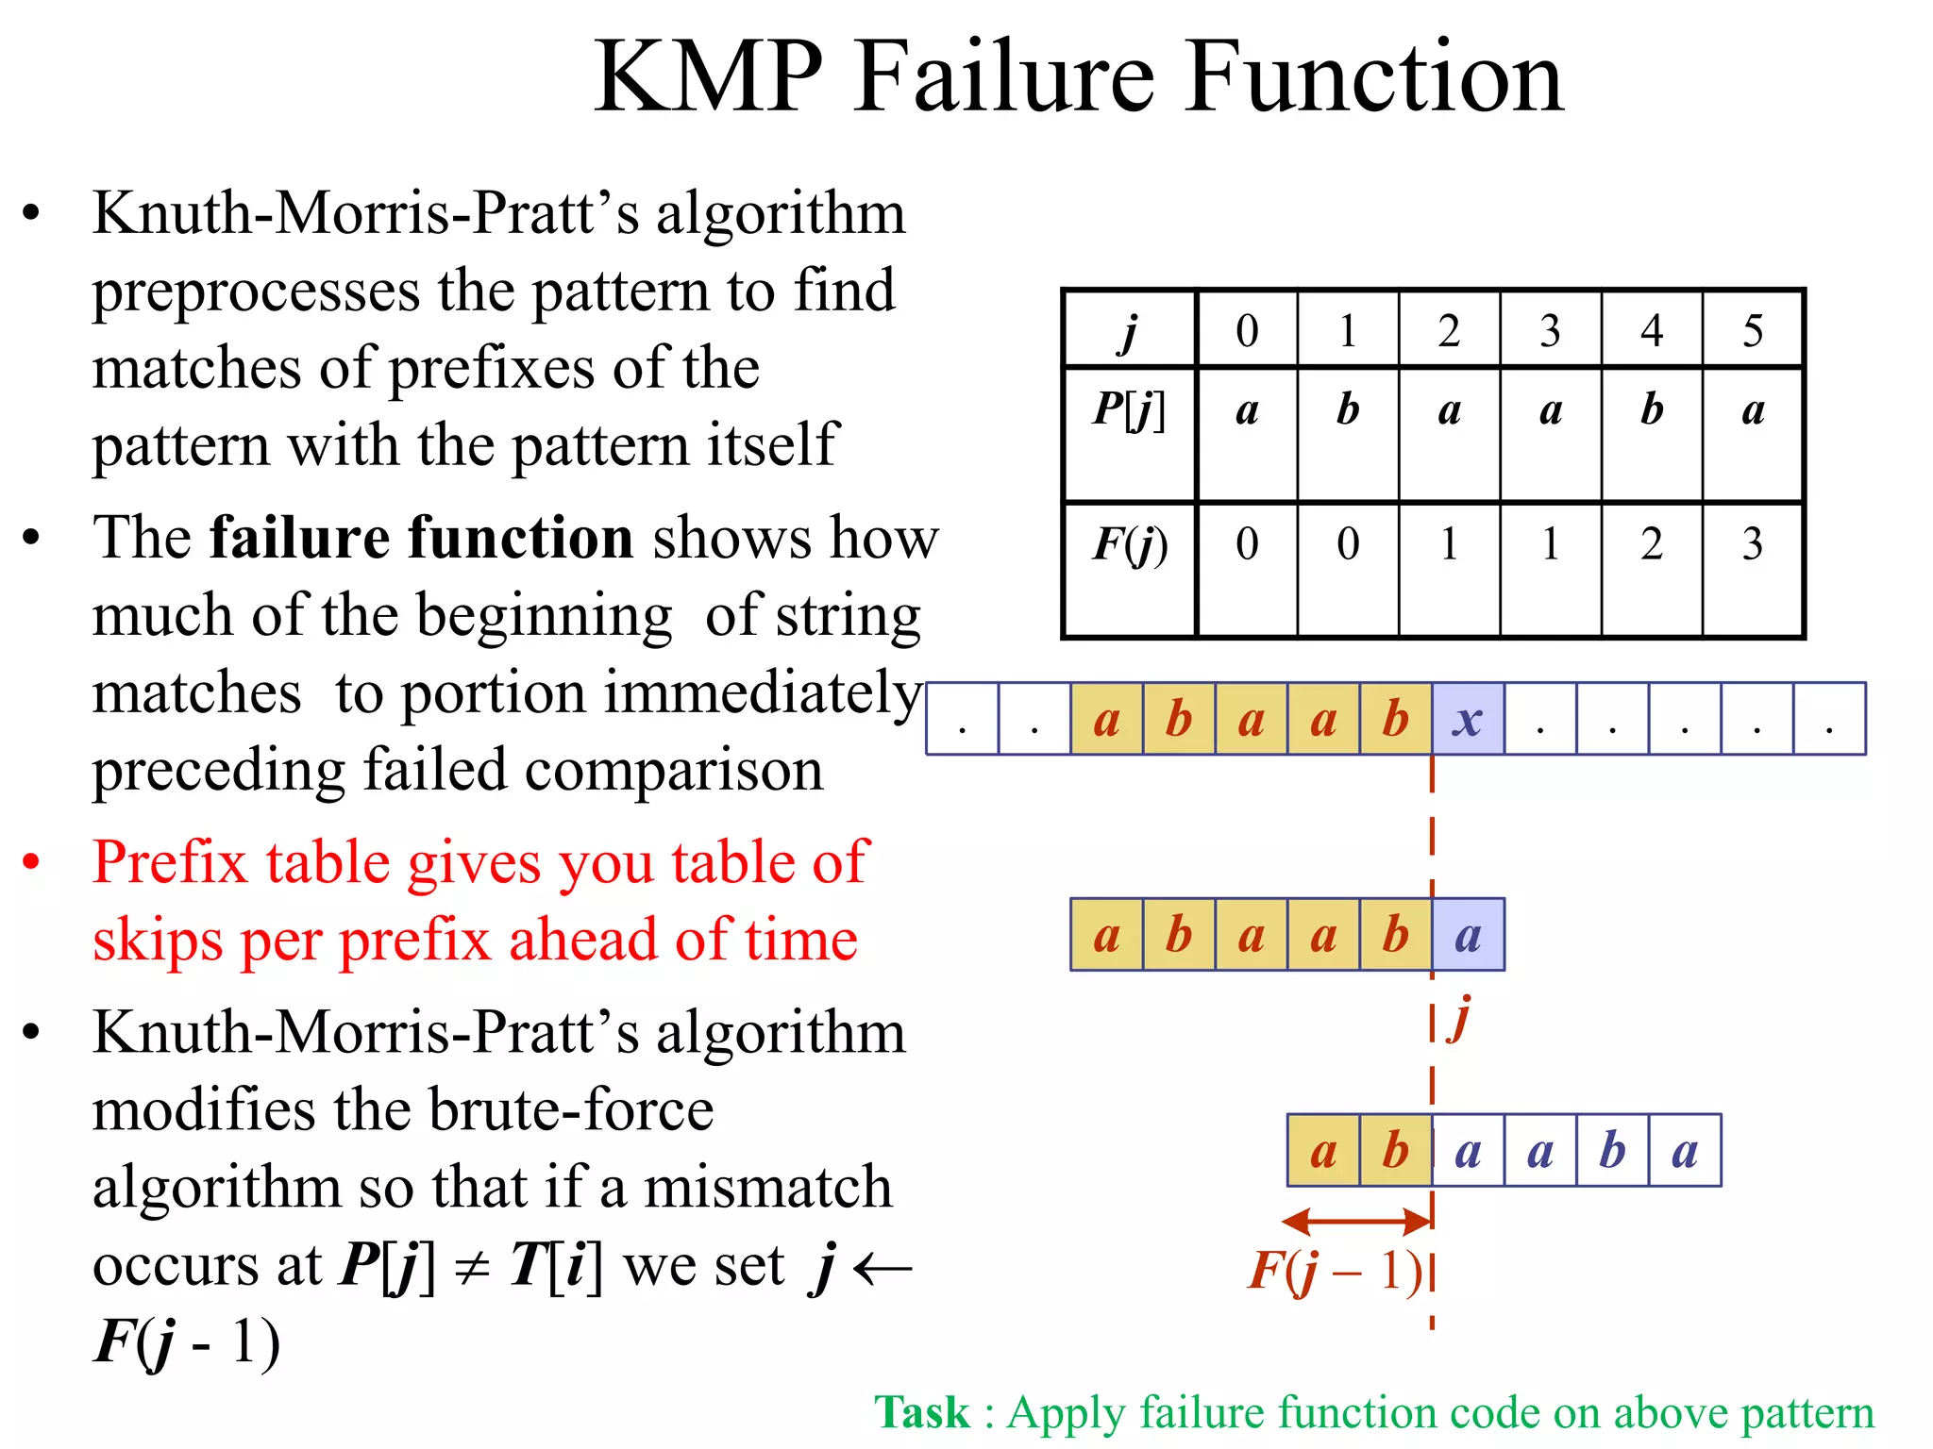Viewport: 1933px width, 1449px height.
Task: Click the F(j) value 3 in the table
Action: pyautogui.click(x=1752, y=544)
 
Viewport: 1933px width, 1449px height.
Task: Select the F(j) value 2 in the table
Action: pyautogui.click(x=1651, y=544)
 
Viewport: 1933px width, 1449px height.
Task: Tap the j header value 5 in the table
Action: pyautogui.click(x=1752, y=331)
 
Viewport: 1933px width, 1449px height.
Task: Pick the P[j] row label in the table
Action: pyautogui.click(x=1129, y=411)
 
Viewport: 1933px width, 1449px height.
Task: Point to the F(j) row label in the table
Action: pyautogui.click(x=1129, y=545)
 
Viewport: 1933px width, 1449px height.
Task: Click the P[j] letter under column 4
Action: pyautogui.click(x=1651, y=409)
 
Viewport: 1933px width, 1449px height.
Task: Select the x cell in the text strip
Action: pyautogui.click(x=1468, y=719)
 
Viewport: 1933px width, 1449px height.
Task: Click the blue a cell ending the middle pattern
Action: pyautogui.click(x=1468, y=935)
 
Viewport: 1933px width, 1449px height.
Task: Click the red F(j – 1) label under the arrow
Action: pyautogui.click(x=1335, y=1271)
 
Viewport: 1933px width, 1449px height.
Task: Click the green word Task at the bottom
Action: pyautogui.click(x=921, y=1413)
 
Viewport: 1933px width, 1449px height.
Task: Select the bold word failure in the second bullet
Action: pyautogui.click(x=298, y=538)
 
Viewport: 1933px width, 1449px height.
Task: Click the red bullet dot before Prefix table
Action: pyautogui.click(x=32, y=861)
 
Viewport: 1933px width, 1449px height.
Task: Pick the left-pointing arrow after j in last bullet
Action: pyautogui.click(x=882, y=1268)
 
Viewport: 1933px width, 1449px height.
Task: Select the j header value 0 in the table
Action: pyautogui.click(x=1247, y=331)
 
